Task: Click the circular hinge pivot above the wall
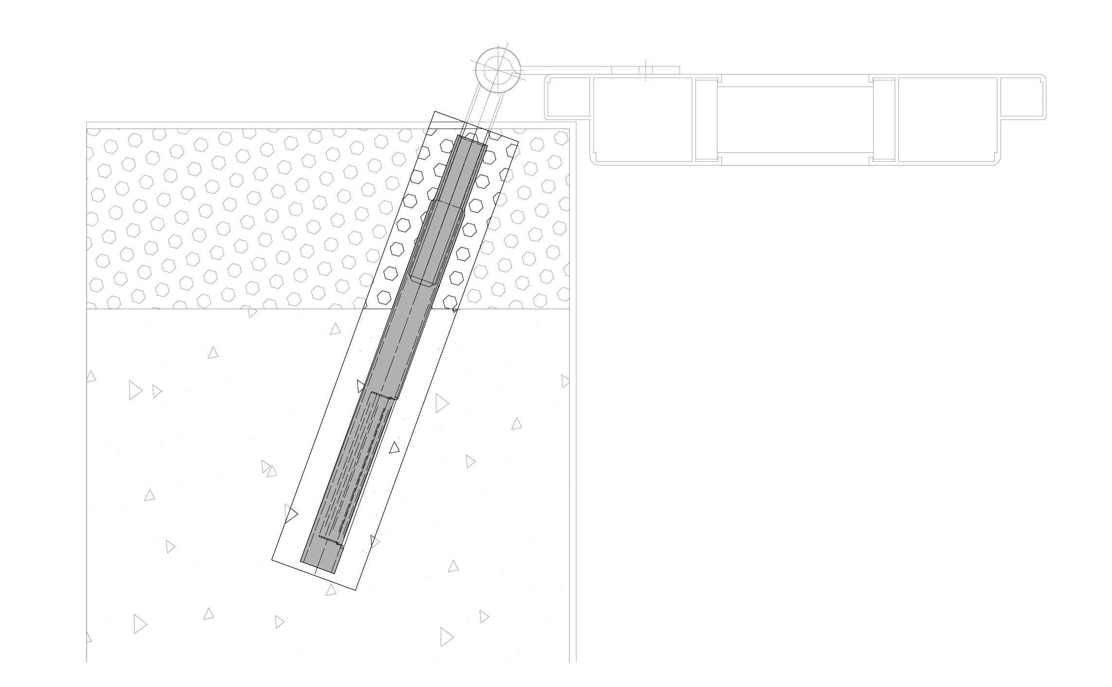pos(498,70)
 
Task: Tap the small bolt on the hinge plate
pos(646,71)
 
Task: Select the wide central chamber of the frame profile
pos(793,120)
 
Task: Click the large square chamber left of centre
pos(642,120)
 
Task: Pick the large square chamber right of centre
pos(947,120)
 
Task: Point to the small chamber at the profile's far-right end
pos(1022,97)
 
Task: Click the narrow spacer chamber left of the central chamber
pos(706,120)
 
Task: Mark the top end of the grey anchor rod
pos(472,141)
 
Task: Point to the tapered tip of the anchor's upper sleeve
pos(422,282)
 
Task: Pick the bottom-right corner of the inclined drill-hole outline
pos(356,590)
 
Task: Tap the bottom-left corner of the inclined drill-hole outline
pos(272,560)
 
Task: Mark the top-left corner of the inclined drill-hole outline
pos(434,111)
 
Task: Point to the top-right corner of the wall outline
pos(576,122)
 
